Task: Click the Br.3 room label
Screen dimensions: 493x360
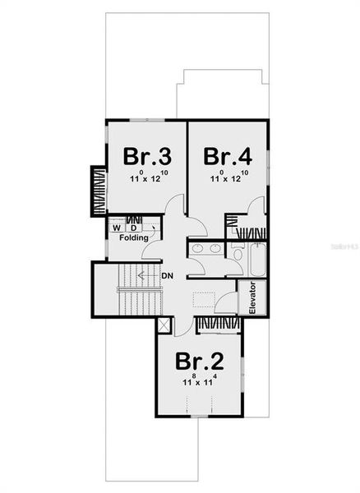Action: click(147, 155)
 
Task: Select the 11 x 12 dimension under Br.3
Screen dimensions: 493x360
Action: click(146, 178)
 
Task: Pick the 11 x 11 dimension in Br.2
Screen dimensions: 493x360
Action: click(198, 383)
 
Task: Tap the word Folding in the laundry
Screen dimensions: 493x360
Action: click(133, 238)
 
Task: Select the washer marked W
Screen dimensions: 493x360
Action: click(118, 227)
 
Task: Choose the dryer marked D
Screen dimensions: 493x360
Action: click(133, 227)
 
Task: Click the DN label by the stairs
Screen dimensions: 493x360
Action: click(167, 274)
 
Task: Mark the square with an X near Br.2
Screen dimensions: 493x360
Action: click(164, 325)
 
